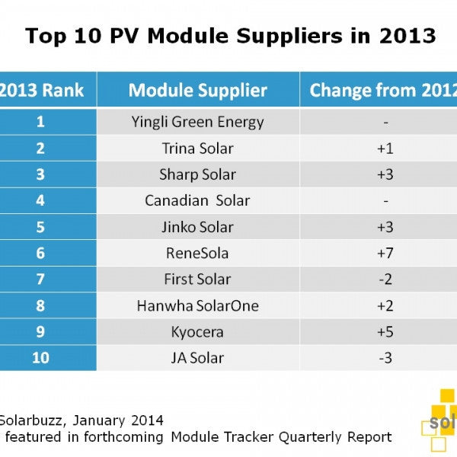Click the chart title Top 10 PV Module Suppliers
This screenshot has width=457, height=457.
[x=230, y=36]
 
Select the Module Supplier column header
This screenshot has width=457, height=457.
[x=198, y=91]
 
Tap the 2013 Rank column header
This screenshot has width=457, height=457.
[x=41, y=91]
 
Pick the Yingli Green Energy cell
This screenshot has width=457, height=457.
[x=198, y=122]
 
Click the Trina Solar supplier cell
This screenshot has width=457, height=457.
[x=198, y=149]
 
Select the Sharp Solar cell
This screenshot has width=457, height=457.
[x=198, y=174]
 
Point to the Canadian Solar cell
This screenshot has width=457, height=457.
[x=198, y=201]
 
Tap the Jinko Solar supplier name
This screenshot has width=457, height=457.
[x=198, y=227]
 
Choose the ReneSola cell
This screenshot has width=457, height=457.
[x=198, y=254]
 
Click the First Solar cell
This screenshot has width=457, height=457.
[x=198, y=280]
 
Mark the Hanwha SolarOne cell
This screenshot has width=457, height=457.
[x=198, y=305]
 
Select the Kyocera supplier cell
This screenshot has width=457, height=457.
[x=198, y=331]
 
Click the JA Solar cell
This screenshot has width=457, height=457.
[x=198, y=358]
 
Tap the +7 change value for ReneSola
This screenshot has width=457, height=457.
[x=385, y=254]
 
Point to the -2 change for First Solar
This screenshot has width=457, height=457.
[x=385, y=280]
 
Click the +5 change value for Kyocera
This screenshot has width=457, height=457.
[x=385, y=331]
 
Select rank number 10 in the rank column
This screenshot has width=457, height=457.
[x=40, y=358]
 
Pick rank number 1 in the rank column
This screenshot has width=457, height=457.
[x=40, y=122]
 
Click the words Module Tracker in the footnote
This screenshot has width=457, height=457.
[x=222, y=436]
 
